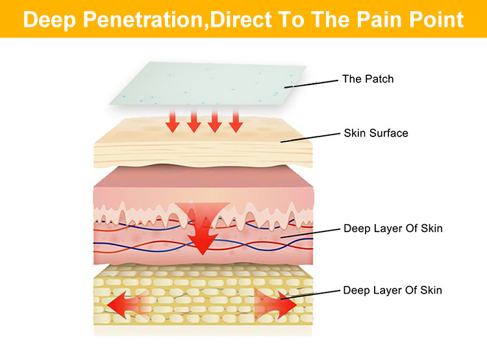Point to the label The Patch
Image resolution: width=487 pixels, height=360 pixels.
[368, 79]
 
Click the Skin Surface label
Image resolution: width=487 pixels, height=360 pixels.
[376, 133]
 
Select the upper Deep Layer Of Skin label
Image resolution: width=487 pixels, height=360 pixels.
[393, 229]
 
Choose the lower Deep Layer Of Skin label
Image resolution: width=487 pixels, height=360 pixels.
[393, 290]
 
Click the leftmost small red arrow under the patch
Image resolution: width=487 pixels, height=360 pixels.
[172, 122]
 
